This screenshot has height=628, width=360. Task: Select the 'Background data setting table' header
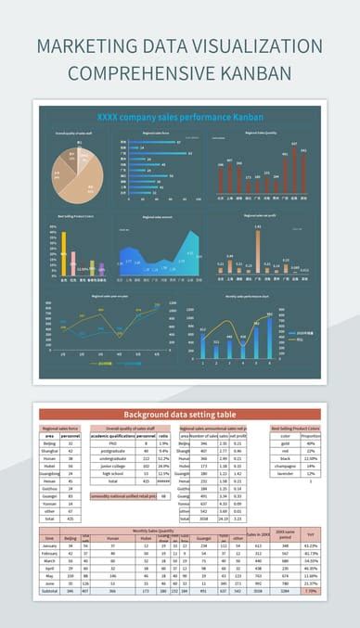(x=180, y=414)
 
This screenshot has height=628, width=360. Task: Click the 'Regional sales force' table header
(x=61, y=428)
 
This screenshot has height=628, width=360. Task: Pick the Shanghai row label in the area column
(x=50, y=451)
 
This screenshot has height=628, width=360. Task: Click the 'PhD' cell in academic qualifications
(x=112, y=443)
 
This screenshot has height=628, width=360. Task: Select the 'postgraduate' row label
(x=112, y=451)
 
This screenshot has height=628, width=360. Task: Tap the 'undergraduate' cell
(x=112, y=458)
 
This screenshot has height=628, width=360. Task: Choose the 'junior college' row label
(x=112, y=466)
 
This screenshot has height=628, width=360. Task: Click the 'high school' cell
(x=112, y=473)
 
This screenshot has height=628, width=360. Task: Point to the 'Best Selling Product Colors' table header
(x=296, y=428)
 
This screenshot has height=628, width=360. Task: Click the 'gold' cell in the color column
(x=286, y=443)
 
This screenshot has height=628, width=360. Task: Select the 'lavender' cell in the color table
(x=286, y=473)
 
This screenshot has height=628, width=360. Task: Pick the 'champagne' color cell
(x=286, y=466)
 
